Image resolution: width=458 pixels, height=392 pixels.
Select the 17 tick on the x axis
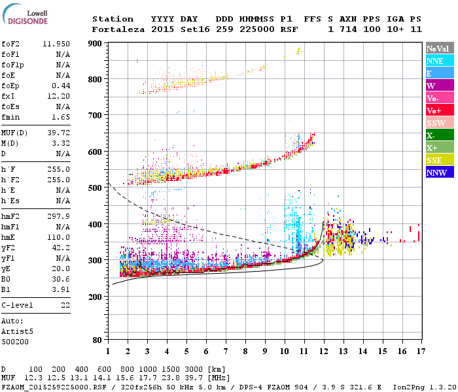420,351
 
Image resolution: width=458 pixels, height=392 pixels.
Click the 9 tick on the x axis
264,351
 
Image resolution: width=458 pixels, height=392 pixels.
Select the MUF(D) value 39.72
58,132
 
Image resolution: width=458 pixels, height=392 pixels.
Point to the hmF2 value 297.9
58,218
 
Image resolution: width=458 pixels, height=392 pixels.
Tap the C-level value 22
65,305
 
